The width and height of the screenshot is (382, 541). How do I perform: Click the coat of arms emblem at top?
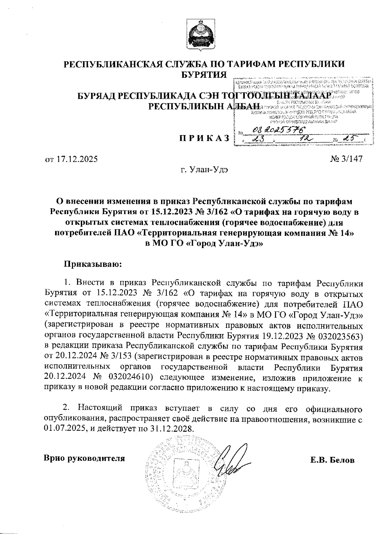click(201, 36)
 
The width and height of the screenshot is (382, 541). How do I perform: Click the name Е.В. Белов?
click(332, 460)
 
